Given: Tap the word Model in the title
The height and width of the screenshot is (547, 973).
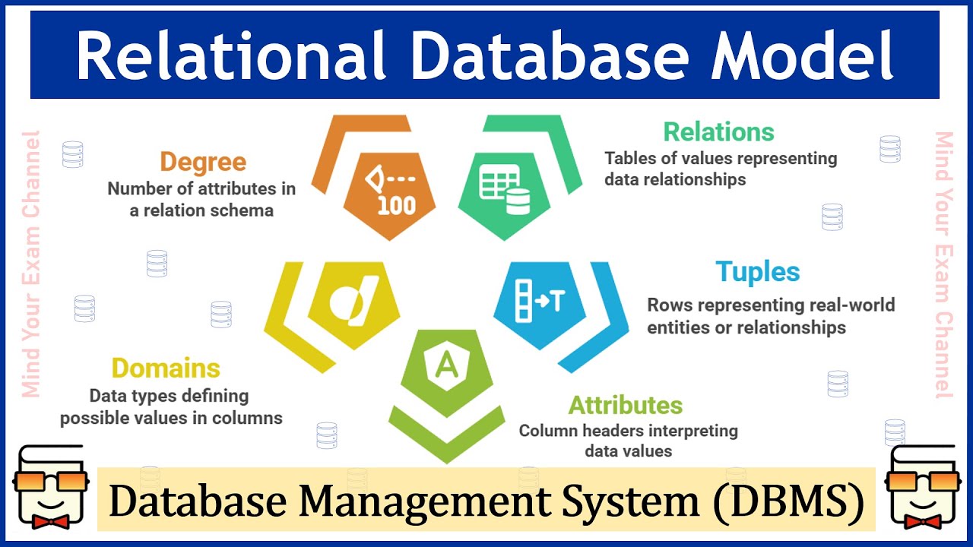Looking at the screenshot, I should pyautogui.click(x=801, y=56).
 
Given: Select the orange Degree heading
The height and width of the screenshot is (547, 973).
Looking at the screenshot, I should pyautogui.click(x=203, y=162).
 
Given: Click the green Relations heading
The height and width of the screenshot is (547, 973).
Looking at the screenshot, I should pyautogui.click(x=718, y=131).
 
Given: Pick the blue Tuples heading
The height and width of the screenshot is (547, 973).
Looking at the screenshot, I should pyautogui.click(x=758, y=272).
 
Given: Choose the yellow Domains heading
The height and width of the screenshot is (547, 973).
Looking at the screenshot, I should pyautogui.click(x=166, y=368).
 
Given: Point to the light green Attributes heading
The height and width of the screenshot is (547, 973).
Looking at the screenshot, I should pyautogui.click(x=626, y=404).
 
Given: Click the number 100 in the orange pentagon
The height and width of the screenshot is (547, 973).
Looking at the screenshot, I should pyautogui.click(x=396, y=206).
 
